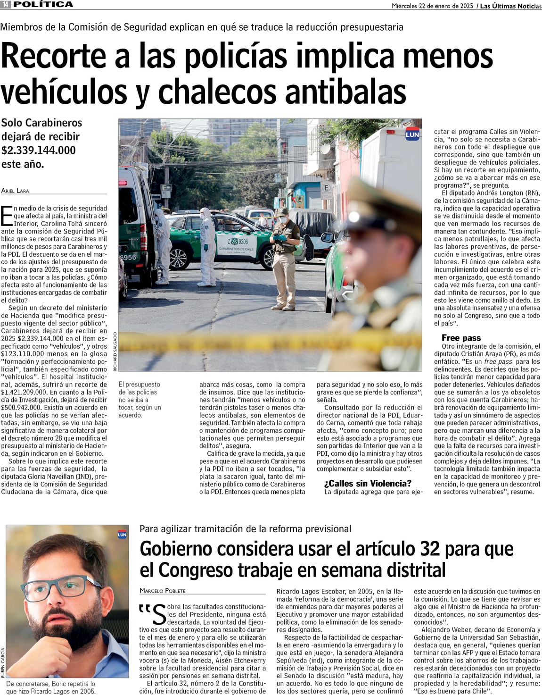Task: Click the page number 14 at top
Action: (x=5, y=4)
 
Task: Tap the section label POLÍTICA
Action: (x=43, y=4)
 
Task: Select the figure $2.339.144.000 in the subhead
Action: (x=38, y=150)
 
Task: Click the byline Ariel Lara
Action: (x=15, y=191)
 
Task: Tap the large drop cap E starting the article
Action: (x=7, y=216)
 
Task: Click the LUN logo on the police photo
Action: (x=412, y=134)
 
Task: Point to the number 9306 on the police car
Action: (x=240, y=242)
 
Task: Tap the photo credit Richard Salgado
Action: (x=115, y=352)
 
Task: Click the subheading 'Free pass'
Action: (x=461, y=338)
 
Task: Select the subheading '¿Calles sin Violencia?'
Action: (x=368, y=484)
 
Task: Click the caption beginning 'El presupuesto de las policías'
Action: (x=140, y=400)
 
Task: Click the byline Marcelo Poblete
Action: (x=163, y=591)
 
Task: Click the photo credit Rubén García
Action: (x=3, y=663)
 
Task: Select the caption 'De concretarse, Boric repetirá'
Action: (x=50, y=687)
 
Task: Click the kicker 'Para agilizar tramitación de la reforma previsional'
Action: (x=245, y=529)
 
